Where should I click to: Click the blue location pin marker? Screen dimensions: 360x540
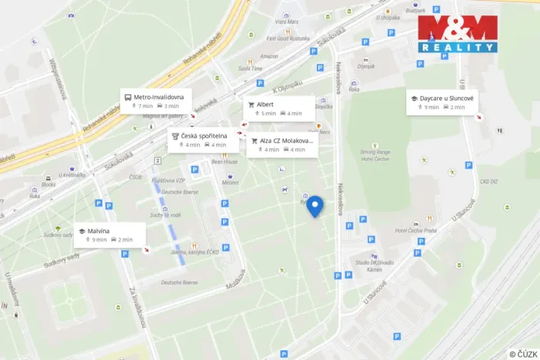coord(315,206)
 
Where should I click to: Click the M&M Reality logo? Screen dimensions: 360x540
coord(457,33)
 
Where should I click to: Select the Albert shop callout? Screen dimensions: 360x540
coord(279,108)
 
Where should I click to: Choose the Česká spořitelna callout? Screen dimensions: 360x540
coord(202,139)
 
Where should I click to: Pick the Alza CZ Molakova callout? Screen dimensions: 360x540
coord(282,145)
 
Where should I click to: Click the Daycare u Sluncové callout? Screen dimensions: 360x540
coord(444,102)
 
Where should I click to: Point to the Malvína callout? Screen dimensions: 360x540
coord(109,235)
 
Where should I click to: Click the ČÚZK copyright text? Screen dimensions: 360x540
coord(522,353)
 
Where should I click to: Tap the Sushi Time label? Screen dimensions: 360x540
coord(250,68)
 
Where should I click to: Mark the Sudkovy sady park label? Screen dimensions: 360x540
coord(58,235)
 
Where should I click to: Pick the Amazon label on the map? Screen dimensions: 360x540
coord(269,56)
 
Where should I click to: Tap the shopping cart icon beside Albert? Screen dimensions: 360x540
coord(251,104)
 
